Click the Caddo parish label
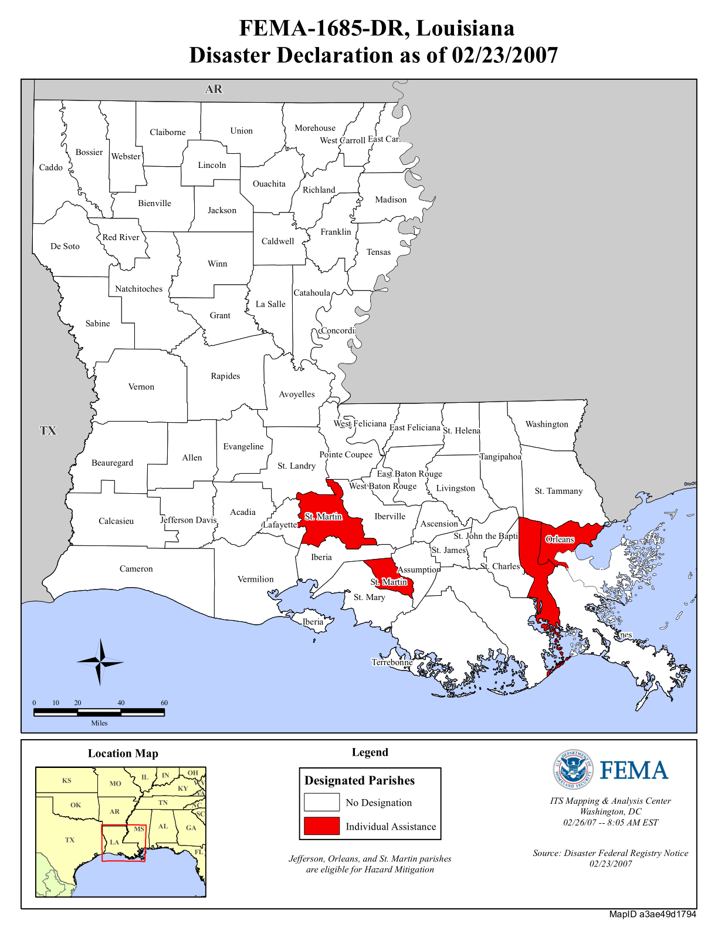click(x=50, y=167)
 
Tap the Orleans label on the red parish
click(x=560, y=539)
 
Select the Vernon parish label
click(x=141, y=386)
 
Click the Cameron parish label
click(x=136, y=568)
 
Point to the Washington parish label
click(x=546, y=424)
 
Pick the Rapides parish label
click(x=225, y=376)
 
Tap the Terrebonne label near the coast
click(x=392, y=662)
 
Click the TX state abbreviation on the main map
click(x=48, y=430)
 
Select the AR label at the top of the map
click(x=214, y=89)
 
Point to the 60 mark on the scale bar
click(x=164, y=702)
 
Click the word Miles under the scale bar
click(x=99, y=723)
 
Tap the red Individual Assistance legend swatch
click(x=321, y=825)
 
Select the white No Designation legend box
click(x=321, y=802)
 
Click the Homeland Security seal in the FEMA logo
click(x=573, y=769)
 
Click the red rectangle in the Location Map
click(x=123, y=843)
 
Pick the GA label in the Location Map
click(x=191, y=828)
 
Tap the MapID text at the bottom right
click(x=652, y=914)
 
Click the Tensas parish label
click(x=378, y=252)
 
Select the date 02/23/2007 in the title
click(x=504, y=55)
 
